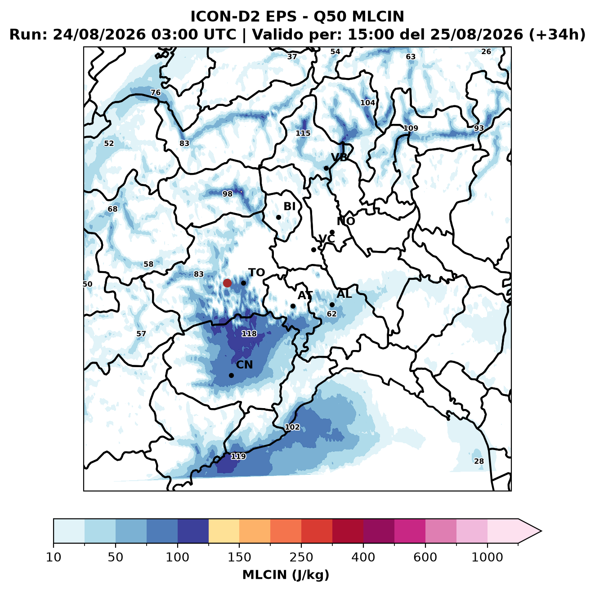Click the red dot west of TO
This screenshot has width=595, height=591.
[227, 283]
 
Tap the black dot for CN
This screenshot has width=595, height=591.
[231, 375]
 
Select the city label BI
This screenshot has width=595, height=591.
[290, 206]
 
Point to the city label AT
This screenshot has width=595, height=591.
[305, 295]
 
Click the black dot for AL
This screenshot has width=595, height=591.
[332, 305]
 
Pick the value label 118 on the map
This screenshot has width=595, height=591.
[249, 333]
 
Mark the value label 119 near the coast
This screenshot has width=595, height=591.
[238, 456]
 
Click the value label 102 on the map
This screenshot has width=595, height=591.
[292, 427]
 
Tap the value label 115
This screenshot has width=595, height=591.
[303, 133]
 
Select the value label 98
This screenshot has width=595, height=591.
[228, 194]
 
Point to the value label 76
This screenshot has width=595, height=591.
[156, 92]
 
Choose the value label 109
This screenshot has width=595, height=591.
[411, 128]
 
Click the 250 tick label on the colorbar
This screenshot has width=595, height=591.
[301, 557]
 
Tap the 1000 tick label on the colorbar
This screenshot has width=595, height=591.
[487, 557]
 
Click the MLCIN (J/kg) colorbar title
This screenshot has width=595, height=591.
[286, 575]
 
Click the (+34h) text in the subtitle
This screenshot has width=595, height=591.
[557, 35]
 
